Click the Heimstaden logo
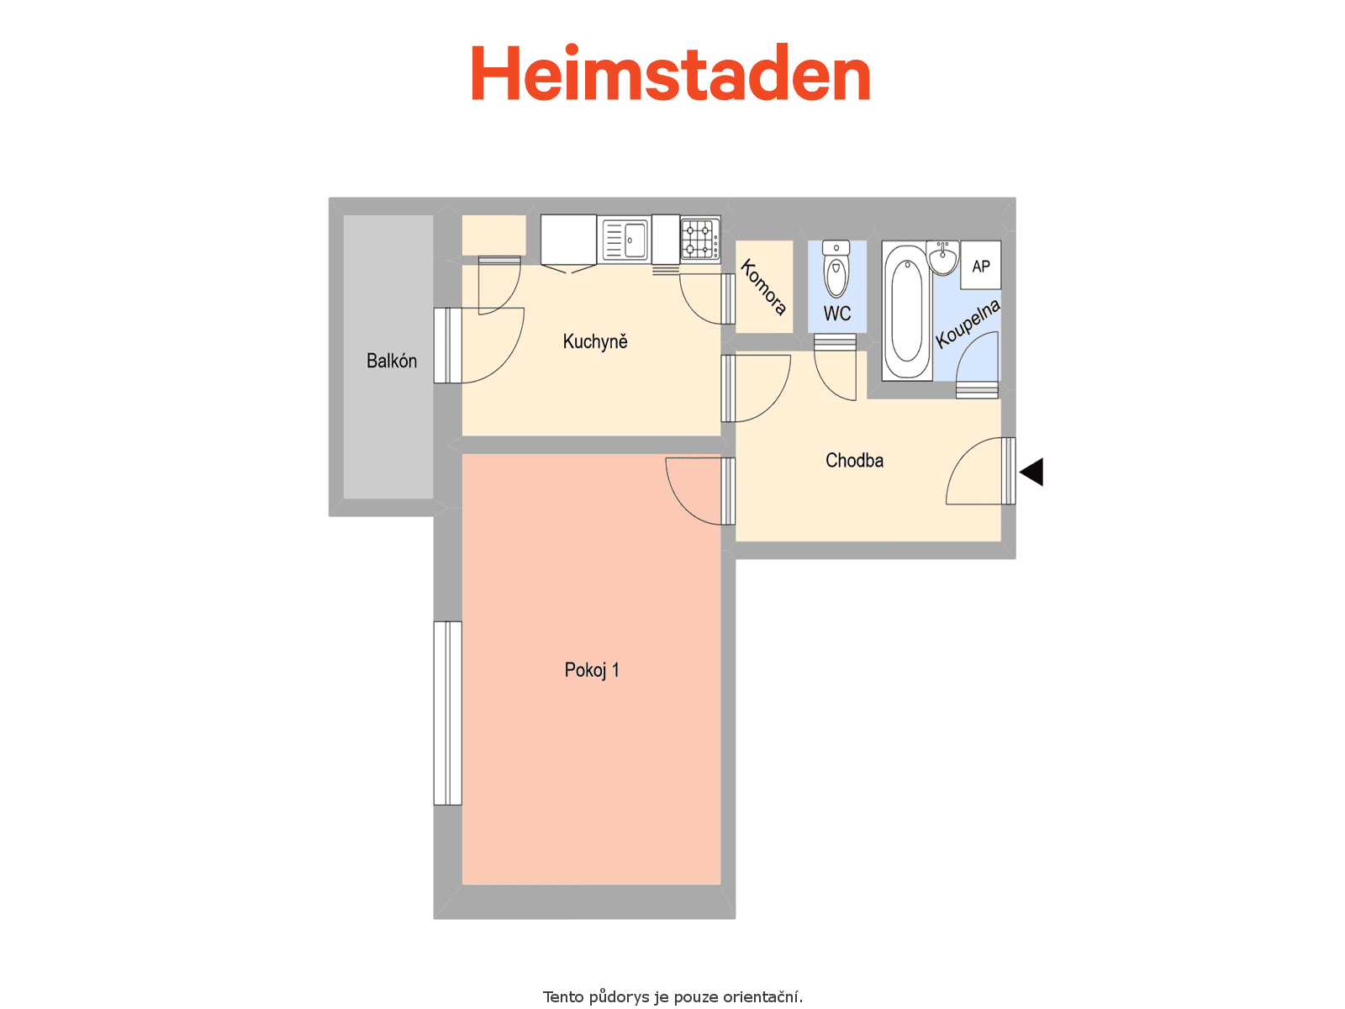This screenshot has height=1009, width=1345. click(670, 72)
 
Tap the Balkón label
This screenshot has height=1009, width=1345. click(392, 361)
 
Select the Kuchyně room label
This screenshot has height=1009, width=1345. click(595, 341)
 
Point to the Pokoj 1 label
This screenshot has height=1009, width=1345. click(591, 669)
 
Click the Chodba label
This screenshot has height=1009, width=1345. click(854, 460)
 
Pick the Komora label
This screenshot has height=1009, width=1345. click(763, 287)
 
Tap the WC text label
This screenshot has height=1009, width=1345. click(837, 313)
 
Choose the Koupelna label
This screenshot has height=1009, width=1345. click(968, 324)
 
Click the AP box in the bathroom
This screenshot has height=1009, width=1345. click(980, 265)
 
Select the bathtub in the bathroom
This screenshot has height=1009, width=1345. click(907, 311)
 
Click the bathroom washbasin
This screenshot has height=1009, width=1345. click(943, 257)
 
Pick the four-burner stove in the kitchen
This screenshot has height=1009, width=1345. click(700, 239)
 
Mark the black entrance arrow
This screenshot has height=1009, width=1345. click(1031, 472)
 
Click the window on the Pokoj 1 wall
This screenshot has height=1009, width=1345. click(448, 713)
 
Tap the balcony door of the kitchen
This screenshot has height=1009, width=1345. click(478, 346)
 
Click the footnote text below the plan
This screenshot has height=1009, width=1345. click(672, 996)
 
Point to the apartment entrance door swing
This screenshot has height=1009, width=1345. click(980, 471)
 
